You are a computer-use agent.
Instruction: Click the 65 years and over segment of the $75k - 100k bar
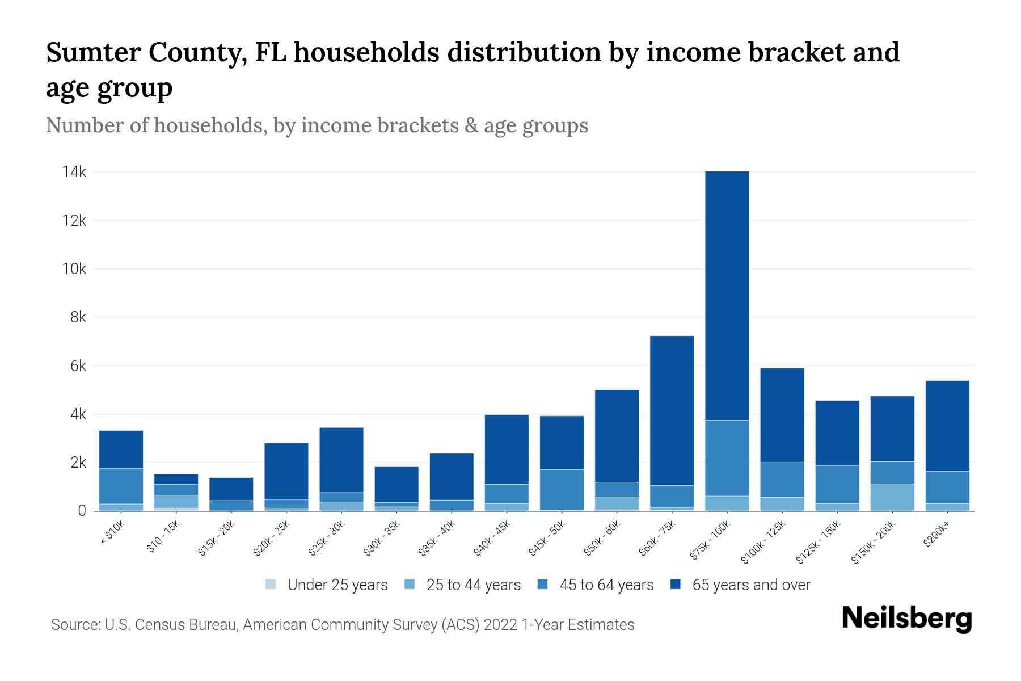(x=727, y=295)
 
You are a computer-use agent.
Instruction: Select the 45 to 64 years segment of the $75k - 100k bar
(x=727, y=458)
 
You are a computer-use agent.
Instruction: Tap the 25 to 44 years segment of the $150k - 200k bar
(x=892, y=497)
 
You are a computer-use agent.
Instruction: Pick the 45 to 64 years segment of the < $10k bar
(x=121, y=486)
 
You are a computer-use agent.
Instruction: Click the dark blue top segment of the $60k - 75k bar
(x=672, y=410)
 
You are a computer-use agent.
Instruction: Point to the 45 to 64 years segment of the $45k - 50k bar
(x=562, y=489)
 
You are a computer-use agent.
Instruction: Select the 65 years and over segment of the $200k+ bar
(x=947, y=426)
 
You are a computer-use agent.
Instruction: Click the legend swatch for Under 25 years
(x=271, y=585)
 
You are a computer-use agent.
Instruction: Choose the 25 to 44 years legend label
(x=473, y=585)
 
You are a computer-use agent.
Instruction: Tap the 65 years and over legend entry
(x=750, y=585)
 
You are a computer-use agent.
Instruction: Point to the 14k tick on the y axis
(x=74, y=172)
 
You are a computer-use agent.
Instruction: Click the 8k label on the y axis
(x=78, y=317)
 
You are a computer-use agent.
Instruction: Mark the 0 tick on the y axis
(x=82, y=511)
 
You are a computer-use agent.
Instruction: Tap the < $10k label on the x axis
(x=112, y=532)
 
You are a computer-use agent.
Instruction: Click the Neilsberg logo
(x=906, y=619)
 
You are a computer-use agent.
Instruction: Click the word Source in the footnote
(x=74, y=625)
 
